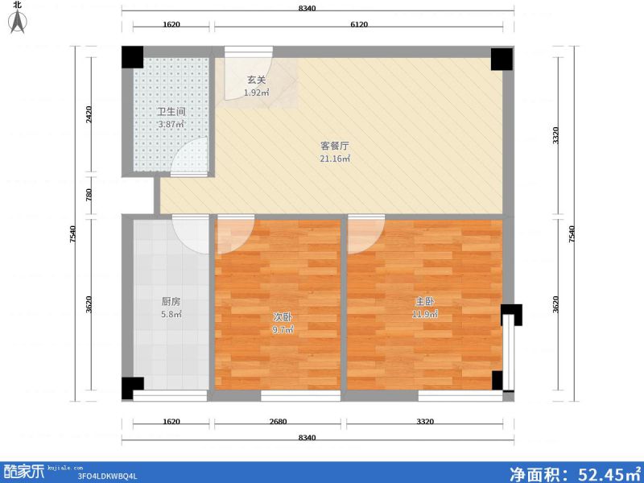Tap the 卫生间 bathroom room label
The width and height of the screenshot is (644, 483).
click(171, 112)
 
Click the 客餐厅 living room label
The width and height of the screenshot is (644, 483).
click(334, 147)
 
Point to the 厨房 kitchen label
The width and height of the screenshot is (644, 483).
click(171, 302)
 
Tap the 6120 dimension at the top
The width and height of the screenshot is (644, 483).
click(359, 25)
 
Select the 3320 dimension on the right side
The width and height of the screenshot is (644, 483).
click(555, 136)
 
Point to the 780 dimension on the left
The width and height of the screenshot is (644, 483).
click(90, 195)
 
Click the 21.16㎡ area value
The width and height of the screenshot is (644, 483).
click(334, 159)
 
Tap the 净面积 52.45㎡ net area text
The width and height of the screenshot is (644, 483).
click(574, 472)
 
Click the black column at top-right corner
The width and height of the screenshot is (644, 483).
click(501, 58)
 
